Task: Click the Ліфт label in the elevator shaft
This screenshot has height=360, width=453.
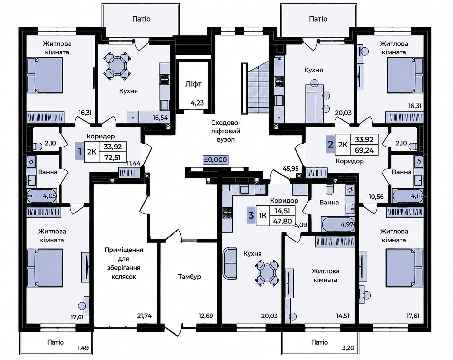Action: click(x=193, y=84)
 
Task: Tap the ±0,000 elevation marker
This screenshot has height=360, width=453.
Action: click(x=215, y=159)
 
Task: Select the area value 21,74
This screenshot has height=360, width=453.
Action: click(x=145, y=316)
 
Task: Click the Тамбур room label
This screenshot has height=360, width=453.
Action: click(x=190, y=277)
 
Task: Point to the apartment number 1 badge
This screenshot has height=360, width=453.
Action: click(x=80, y=151)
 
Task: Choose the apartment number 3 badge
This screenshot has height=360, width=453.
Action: click(x=251, y=215)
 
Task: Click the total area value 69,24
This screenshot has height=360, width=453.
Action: click(x=364, y=150)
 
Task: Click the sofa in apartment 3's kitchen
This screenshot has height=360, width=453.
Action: click(x=230, y=263)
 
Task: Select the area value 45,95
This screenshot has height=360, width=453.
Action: click(x=290, y=168)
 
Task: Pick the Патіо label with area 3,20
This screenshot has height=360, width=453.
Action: click(x=319, y=342)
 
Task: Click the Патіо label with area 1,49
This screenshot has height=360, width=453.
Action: click(x=55, y=342)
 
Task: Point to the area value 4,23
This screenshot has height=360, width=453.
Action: click(x=197, y=103)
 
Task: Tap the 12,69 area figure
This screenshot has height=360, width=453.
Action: click(x=206, y=316)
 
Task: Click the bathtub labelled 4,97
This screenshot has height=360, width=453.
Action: click(x=338, y=225)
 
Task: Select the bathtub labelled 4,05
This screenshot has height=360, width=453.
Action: click(x=42, y=196)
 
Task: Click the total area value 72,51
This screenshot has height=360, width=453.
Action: click(x=113, y=157)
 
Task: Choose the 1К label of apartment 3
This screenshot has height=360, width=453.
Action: click(x=263, y=215)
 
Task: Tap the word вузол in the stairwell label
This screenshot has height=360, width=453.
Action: click(x=226, y=139)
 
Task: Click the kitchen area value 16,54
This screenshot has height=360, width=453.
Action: click(x=161, y=118)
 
